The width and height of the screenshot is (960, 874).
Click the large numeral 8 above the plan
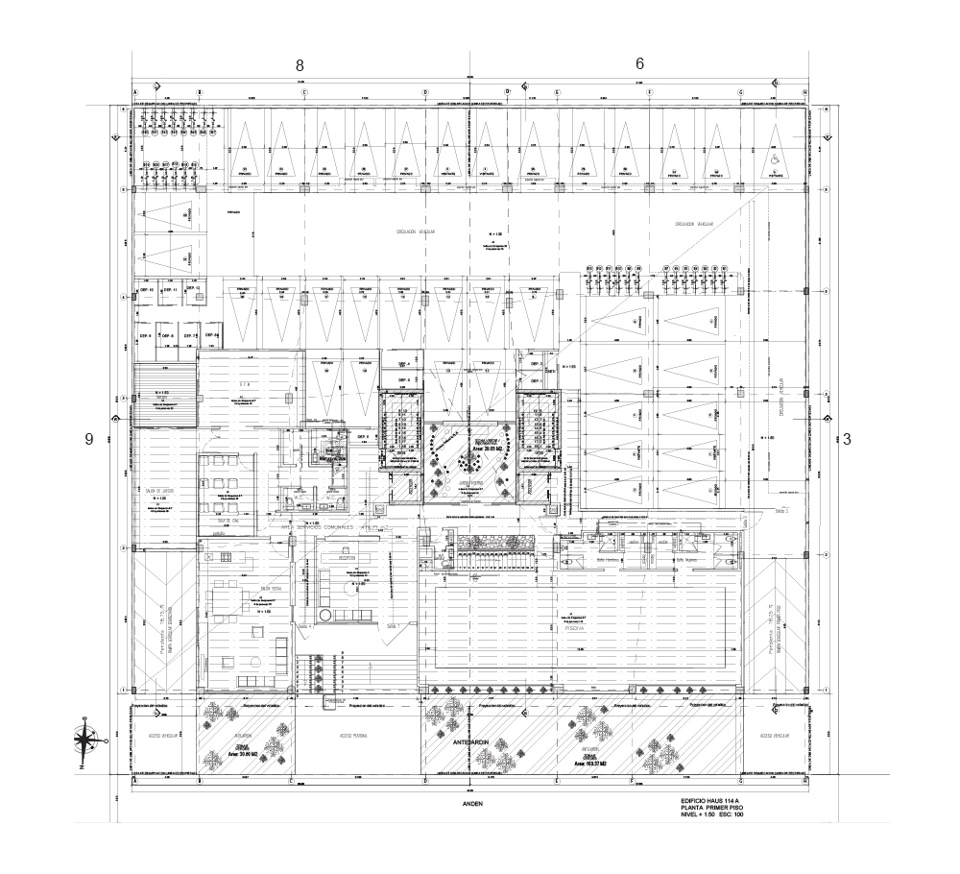[300, 65]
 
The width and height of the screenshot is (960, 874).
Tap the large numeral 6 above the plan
[639, 63]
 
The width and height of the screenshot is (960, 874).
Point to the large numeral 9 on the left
[89, 439]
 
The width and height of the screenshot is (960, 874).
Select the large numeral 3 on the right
[847, 439]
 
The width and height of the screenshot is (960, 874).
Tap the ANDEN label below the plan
[470, 803]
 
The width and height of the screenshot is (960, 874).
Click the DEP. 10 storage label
[147, 289]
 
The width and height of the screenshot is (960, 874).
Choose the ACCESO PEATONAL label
[355, 736]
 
